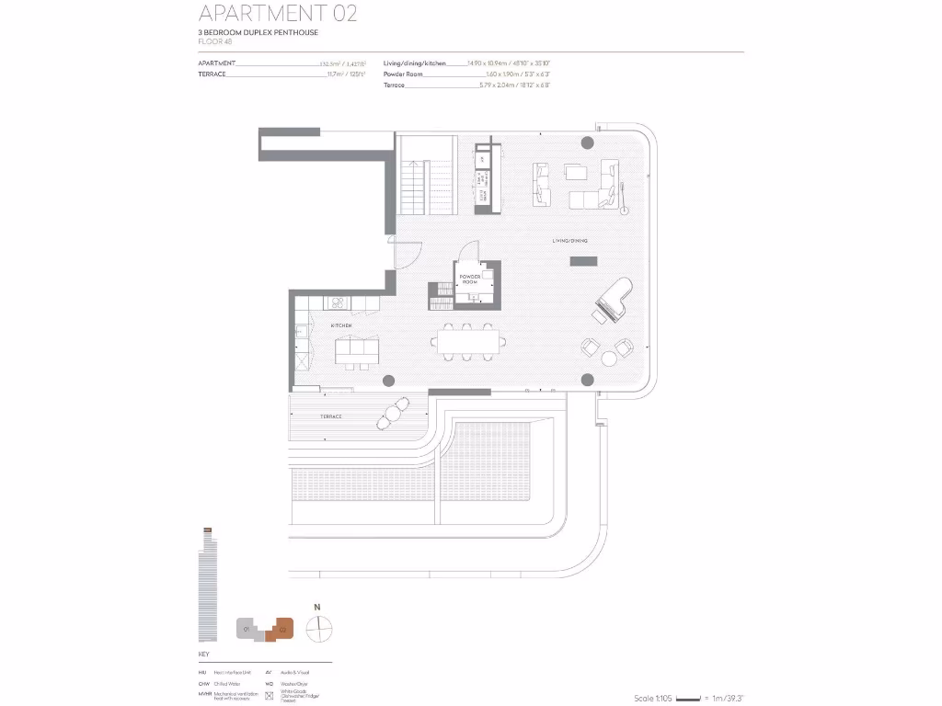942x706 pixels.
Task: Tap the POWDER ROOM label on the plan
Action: [x=470, y=279]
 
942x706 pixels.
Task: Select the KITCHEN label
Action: [x=341, y=325]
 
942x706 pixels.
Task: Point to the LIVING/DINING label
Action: [x=569, y=241]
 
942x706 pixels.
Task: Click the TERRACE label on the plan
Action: [x=331, y=416]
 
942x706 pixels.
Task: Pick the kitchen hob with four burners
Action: [x=338, y=302]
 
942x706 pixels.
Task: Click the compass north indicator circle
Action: [x=318, y=630]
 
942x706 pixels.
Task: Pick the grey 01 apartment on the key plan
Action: [x=247, y=629]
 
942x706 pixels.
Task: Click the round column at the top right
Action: [x=587, y=142]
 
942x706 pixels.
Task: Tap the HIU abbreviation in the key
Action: [x=203, y=673]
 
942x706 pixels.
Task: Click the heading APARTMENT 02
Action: [x=277, y=14]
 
